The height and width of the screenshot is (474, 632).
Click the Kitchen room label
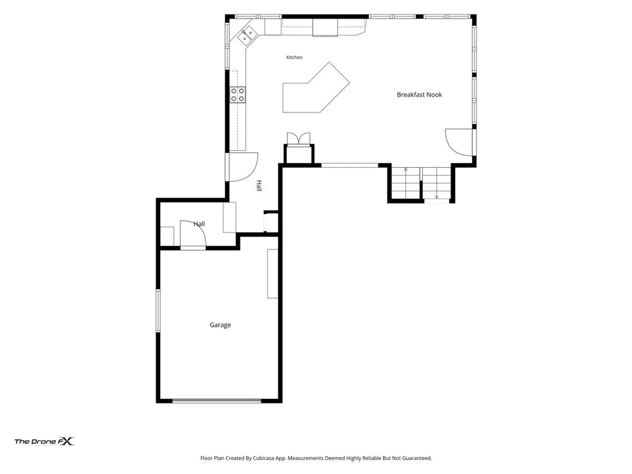(x=294, y=57)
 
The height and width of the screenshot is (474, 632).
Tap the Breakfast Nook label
(x=419, y=95)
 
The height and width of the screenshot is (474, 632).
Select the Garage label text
(x=220, y=325)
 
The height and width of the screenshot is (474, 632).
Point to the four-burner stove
(x=237, y=95)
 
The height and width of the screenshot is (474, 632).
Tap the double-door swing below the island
(x=298, y=139)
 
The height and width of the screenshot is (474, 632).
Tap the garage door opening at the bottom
(x=216, y=401)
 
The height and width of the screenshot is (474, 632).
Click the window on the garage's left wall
(x=158, y=311)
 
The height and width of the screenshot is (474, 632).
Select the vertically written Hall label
(x=259, y=186)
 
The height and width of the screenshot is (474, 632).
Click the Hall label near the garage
(x=199, y=224)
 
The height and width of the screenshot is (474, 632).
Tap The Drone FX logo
(x=44, y=441)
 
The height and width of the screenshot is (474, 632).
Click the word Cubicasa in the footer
(x=263, y=458)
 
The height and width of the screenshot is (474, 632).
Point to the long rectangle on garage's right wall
(x=273, y=274)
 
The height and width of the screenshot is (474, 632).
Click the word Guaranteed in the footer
(x=417, y=458)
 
